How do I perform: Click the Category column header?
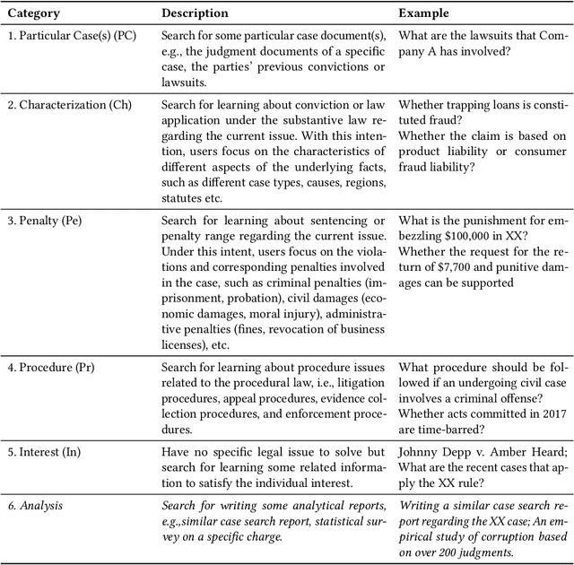pyautogui.click(x=33, y=13)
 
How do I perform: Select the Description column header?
pyautogui.click(x=195, y=13)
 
